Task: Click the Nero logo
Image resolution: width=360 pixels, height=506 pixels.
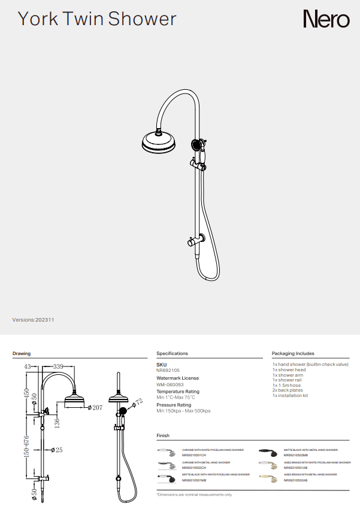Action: click(326, 19)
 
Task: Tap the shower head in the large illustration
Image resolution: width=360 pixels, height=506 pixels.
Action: click(159, 143)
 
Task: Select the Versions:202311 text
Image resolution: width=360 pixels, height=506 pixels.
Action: click(34, 320)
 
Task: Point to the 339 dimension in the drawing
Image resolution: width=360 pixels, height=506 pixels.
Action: click(59, 366)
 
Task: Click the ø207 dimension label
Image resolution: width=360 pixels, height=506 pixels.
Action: click(96, 407)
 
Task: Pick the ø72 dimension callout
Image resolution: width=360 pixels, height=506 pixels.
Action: click(137, 401)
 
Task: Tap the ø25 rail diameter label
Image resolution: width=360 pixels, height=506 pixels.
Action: click(57, 450)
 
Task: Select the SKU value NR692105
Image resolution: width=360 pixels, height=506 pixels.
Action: click(168, 371)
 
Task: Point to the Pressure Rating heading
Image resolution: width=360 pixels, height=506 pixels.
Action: click(177, 405)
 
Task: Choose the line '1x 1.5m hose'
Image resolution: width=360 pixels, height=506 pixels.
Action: click(286, 385)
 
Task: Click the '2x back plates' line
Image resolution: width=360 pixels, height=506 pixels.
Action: click(288, 390)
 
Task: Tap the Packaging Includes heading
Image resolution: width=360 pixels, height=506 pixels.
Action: click(293, 353)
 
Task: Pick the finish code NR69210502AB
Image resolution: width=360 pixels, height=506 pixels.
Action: click(295, 480)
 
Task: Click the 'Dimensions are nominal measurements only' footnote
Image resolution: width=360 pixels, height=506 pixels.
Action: click(194, 495)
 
